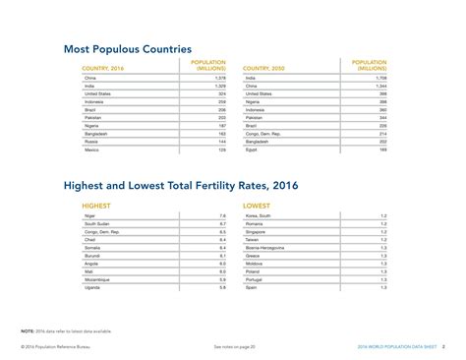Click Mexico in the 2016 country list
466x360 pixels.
click(x=91, y=150)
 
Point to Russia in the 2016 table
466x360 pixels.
click(x=91, y=141)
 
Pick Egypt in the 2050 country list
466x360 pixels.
click(x=251, y=150)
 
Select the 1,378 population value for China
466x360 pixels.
click(x=220, y=77)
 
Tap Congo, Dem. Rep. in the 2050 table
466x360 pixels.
click(x=262, y=132)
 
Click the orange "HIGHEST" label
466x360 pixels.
click(x=96, y=206)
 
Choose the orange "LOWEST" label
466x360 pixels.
click(x=258, y=206)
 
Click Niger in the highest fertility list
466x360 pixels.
click(x=90, y=215)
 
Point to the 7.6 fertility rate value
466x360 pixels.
click(x=222, y=215)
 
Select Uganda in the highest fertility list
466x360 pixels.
click(x=92, y=287)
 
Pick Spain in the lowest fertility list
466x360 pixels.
click(x=251, y=287)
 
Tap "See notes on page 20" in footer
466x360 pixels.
click(x=234, y=347)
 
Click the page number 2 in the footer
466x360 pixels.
click(x=442, y=347)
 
